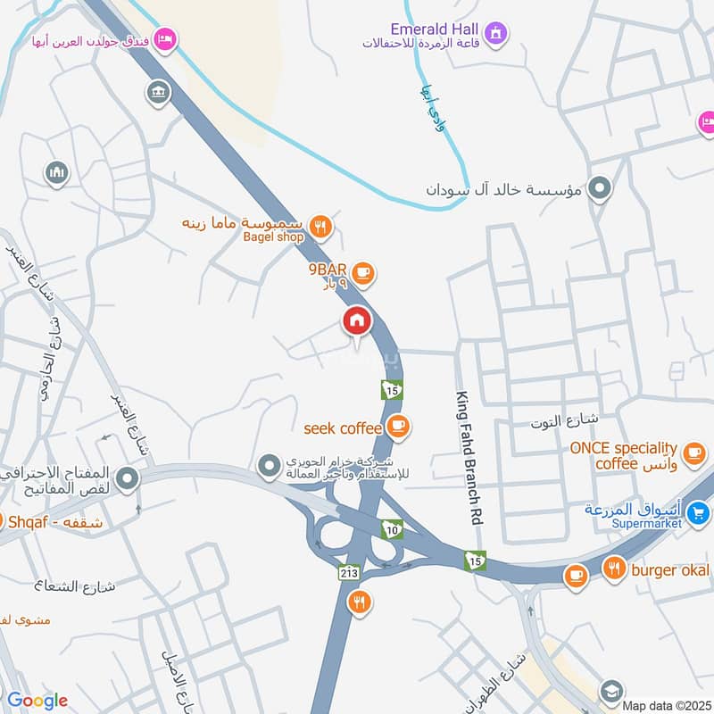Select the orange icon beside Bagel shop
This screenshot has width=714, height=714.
click(x=322, y=227)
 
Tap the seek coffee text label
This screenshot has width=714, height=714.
click(x=342, y=428)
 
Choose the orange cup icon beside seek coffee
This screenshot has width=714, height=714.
click(x=398, y=428)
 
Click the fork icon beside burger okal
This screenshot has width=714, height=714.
click(x=614, y=569)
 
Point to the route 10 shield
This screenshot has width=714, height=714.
click(x=390, y=530)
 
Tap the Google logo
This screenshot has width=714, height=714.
click(x=37, y=701)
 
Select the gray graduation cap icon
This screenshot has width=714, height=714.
click(x=610, y=690)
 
